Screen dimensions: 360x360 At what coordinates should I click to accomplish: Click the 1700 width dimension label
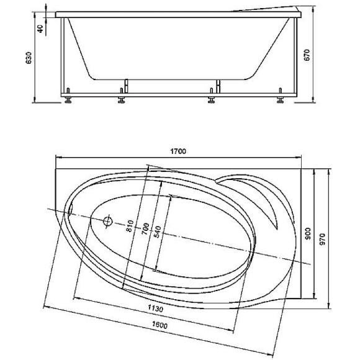pos(178,151)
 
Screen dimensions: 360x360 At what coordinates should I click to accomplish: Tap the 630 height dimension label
pos(29,58)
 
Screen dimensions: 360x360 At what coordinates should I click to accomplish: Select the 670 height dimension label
pos(307,55)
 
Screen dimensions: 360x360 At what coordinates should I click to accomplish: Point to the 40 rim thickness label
pos(40,29)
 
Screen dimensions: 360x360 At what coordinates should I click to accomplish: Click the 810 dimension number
pos(130,226)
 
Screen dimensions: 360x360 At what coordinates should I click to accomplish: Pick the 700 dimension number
pos(145,228)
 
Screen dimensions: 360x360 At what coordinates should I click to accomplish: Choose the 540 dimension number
pos(158,232)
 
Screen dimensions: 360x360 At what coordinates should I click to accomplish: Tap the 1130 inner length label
pos(155,308)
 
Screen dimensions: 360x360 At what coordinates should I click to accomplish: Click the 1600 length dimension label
pos(160,325)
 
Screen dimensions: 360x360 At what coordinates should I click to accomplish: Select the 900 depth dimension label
pos(308,233)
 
